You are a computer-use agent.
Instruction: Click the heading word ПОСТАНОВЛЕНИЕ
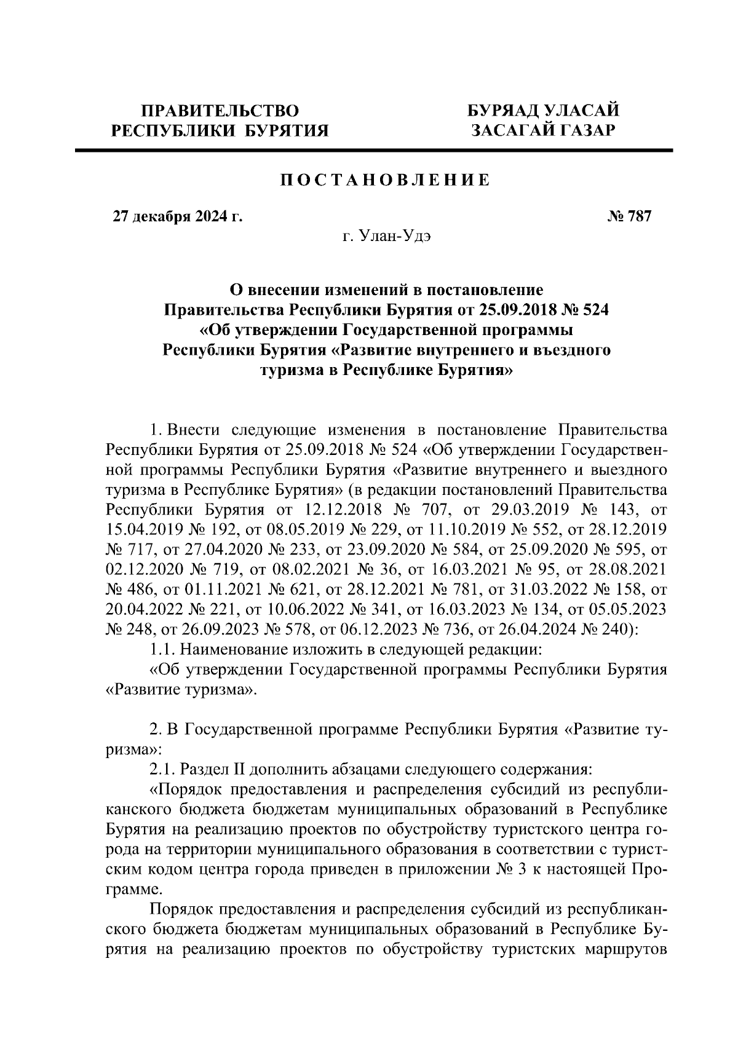coord(385,180)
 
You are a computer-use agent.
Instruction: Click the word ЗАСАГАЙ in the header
coord(507,130)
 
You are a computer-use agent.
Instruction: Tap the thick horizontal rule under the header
coord(374,150)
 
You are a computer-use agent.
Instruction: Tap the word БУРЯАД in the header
coord(500,111)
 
